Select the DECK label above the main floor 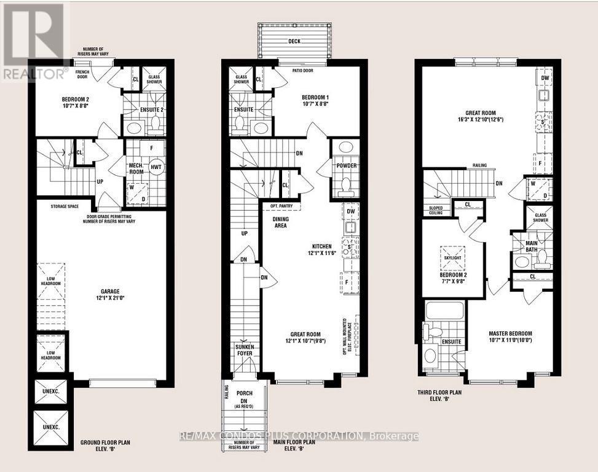(x=294, y=42)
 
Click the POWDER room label (x=345, y=166)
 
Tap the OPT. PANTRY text (x=280, y=206)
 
